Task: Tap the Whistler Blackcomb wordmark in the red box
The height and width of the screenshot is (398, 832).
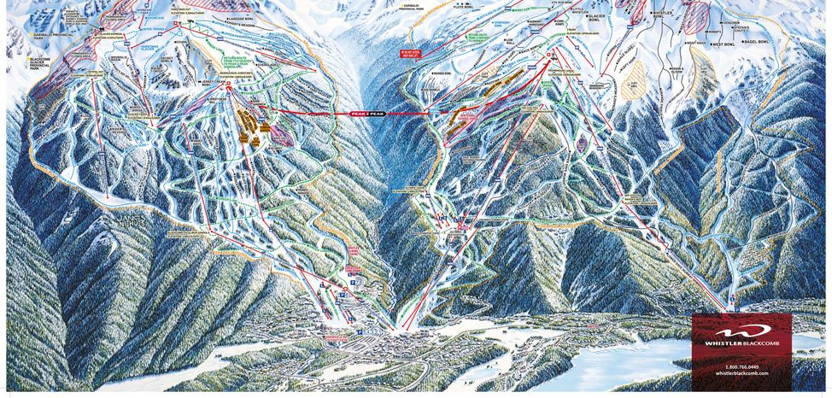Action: (741, 343)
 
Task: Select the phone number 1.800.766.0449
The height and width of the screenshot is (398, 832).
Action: (741, 365)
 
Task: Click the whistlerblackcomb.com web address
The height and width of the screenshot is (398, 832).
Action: (741, 373)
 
